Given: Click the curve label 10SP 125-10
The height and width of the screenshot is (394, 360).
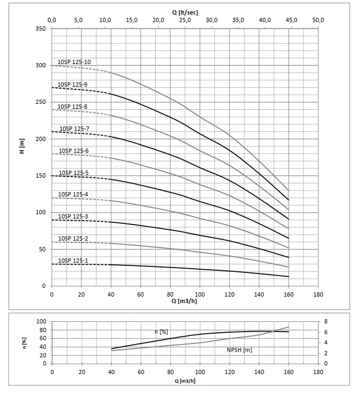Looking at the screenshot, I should tap(74, 62).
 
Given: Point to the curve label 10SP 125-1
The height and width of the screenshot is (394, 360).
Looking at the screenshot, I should tap(73, 261).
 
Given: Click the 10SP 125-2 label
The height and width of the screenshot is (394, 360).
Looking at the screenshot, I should tap(73, 238).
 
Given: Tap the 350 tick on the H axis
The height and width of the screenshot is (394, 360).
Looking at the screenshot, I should tap(41, 29).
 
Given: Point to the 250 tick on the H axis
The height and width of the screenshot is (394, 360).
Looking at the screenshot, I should tap(41, 102).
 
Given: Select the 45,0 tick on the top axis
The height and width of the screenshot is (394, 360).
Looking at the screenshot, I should tap(292, 20).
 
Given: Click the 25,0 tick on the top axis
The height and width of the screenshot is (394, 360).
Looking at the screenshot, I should tap(185, 20).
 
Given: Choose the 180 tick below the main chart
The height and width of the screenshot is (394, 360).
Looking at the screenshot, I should tap(318, 294).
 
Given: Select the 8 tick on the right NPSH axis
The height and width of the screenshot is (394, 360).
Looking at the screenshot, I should tap(325, 321).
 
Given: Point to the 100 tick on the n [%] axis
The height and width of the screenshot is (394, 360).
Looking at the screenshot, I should tap(41, 321).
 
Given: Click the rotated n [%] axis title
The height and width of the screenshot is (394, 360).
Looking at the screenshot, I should tap(24, 342).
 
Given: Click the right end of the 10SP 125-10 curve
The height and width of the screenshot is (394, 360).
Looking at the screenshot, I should tap(288, 190).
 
